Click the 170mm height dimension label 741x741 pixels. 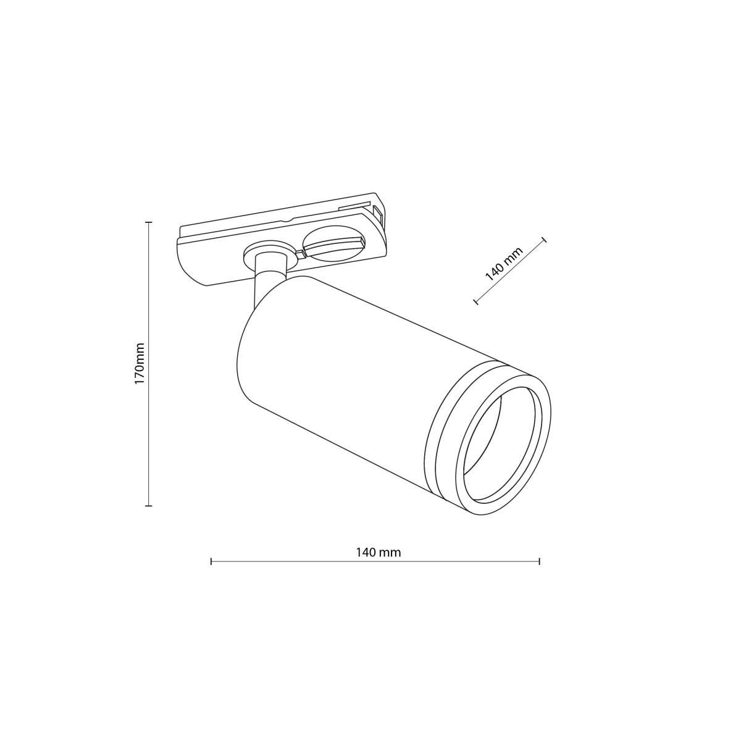coord(140,364)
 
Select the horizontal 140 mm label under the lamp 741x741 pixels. coord(378,553)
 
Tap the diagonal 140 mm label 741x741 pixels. coord(503,264)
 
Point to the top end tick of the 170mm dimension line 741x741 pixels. coord(148,222)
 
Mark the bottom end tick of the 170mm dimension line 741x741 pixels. coord(148,506)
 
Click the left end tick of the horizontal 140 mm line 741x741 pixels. coord(211,561)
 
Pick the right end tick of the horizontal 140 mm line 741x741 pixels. coord(540,561)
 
